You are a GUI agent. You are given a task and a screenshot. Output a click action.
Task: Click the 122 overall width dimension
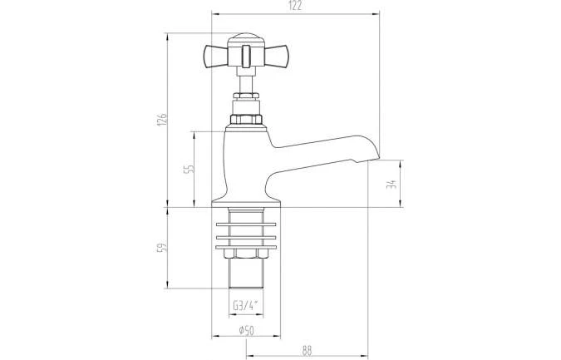click(x=296, y=7)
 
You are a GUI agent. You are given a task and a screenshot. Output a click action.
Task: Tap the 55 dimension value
click(x=189, y=168)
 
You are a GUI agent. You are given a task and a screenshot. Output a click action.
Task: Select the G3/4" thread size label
click(x=244, y=304)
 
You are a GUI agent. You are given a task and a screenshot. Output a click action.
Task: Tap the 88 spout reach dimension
click(x=307, y=351)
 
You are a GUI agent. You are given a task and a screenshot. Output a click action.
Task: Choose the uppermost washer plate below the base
click(x=245, y=224)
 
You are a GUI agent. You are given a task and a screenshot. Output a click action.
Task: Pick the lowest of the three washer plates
click(x=245, y=246)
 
